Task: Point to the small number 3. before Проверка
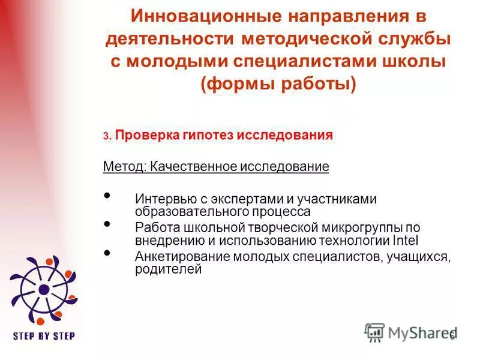click(x=106, y=137)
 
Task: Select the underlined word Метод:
click(x=122, y=166)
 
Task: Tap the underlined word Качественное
click(x=190, y=166)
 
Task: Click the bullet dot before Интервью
click(x=107, y=196)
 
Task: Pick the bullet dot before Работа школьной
click(x=107, y=224)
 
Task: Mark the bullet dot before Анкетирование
click(x=107, y=253)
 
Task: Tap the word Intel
click(x=405, y=241)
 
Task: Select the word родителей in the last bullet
click(x=167, y=269)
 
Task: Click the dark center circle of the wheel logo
click(x=44, y=289)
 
